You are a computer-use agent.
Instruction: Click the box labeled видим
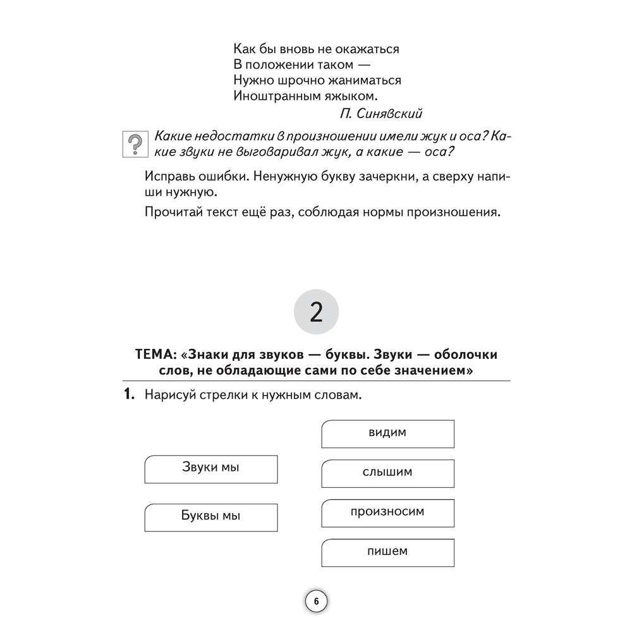coord(387,434)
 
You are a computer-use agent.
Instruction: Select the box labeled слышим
coord(387,473)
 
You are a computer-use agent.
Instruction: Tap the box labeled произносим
coord(387,512)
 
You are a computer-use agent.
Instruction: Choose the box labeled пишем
coord(387,551)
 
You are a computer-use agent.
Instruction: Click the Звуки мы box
coord(210,468)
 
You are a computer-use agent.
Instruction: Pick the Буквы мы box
coord(210,516)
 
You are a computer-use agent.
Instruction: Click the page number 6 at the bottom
coord(316,602)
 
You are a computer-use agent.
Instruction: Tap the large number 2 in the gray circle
coord(316,313)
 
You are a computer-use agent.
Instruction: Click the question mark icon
coord(133,145)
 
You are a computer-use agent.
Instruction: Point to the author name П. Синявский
coord(381,114)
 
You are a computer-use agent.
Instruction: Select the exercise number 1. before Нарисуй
coord(129,396)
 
